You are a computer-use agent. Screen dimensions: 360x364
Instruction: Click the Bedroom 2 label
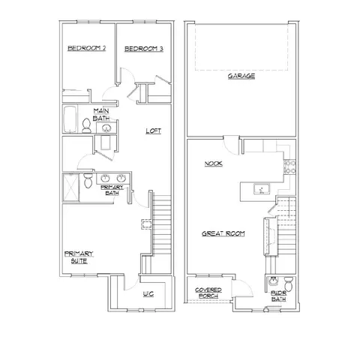click(87, 48)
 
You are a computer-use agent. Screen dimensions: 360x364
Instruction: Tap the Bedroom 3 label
click(144, 49)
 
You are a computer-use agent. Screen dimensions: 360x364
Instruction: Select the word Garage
click(241, 76)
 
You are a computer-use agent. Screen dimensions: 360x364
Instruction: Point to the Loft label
click(154, 131)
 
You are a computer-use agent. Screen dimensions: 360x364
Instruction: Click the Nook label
click(214, 164)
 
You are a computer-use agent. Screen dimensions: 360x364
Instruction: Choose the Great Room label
click(223, 233)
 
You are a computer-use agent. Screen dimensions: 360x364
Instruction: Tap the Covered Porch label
click(208, 293)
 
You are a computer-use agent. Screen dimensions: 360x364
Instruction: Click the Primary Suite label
click(79, 257)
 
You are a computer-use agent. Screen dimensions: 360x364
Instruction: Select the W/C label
click(148, 294)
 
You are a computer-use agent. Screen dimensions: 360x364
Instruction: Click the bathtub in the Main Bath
click(70, 119)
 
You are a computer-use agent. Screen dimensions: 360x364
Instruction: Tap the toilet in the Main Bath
click(86, 125)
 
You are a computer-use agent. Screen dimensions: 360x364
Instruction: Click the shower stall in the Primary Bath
click(70, 188)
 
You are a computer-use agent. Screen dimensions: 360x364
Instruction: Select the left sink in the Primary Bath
click(105, 179)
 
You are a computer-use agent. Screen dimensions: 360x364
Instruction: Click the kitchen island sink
click(262, 189)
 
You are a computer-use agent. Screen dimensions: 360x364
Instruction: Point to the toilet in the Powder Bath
click(289, 284)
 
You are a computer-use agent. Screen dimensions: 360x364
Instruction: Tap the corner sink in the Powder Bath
click(272, 281)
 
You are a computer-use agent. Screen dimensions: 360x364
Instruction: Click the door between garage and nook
click(232, 145)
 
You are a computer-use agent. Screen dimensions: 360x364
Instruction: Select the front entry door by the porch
click(242, 288)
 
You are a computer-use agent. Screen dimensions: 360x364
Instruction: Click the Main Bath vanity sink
click(106, 128)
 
